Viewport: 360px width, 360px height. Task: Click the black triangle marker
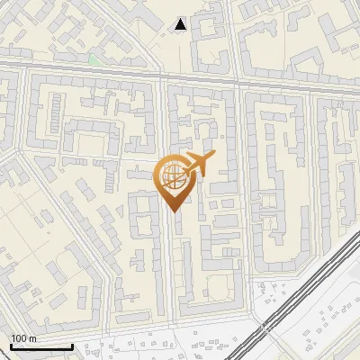pyautogui.click(x=181, y=25)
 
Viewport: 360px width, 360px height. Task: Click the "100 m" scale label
pyautogui.click(x=23, y=338)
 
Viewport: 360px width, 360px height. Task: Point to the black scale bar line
pyautogui.click(x=40, y=347)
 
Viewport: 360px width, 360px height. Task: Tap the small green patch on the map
pyautogui.click(x=94, y=60)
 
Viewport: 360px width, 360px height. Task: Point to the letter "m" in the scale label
pyautogui.click(x=31, y=338)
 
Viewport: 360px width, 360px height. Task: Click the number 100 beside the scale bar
pyautogui.click(x=19, y=338)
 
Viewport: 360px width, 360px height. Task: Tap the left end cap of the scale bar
pyautogui.click(x=11, y=346)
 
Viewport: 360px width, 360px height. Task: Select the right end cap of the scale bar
pyautogui.click(x=72, y=346)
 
